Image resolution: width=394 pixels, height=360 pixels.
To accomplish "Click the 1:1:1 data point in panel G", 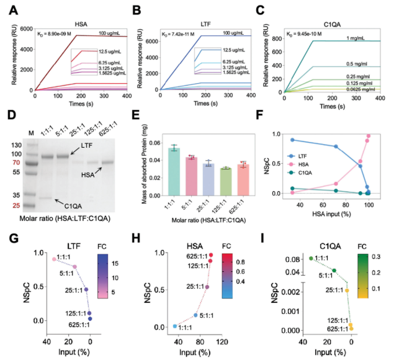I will point(55,259).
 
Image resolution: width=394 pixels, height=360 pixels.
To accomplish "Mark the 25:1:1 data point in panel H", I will point(207,287).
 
